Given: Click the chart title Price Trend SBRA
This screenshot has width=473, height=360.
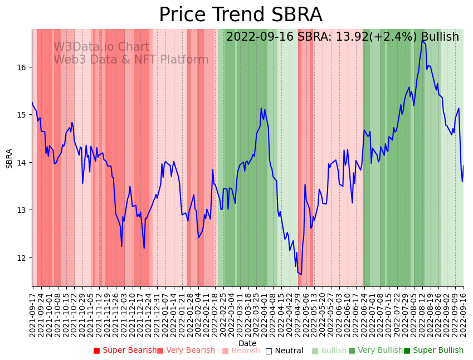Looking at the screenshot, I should pos(240,15).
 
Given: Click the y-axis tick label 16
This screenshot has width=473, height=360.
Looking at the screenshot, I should pos(22,67).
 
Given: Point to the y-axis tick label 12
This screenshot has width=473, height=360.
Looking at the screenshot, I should pos(22,257).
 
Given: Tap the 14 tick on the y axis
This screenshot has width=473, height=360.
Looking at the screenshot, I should pos(22,163).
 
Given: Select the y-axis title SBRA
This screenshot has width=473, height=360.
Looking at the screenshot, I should pos(9,158).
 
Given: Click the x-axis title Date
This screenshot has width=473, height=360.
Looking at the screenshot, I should pos(247,343).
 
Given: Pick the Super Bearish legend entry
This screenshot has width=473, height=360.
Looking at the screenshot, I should pos(125,351).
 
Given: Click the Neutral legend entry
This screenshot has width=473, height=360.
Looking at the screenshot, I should pos(285,351).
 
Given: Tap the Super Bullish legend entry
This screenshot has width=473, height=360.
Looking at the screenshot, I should pos(433,351).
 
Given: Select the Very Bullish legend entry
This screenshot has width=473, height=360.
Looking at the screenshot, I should pos(376,351).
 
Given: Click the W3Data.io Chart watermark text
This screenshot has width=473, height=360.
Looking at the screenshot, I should pos(101,47).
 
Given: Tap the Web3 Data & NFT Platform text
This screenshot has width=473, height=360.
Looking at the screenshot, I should pos(131,60).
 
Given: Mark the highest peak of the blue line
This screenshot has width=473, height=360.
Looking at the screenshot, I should pos(422,41).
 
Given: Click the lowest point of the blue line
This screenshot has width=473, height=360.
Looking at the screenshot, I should pos(301,274).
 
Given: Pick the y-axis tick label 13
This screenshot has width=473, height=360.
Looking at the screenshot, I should pos(22,210).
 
